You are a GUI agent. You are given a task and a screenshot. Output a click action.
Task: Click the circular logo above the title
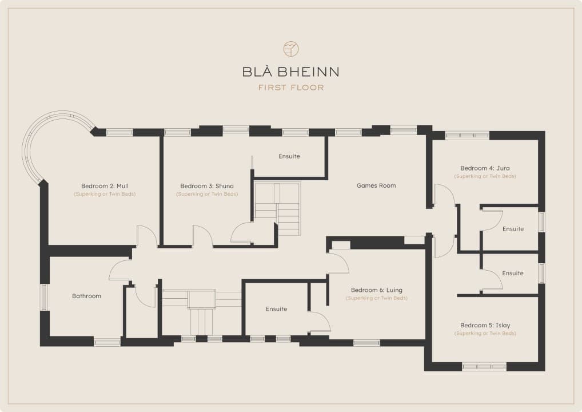tap(291, 49)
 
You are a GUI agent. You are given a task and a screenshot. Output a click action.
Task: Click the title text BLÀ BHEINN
tap(290, 72)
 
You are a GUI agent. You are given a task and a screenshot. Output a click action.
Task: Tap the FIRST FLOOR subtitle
tap(291, 88)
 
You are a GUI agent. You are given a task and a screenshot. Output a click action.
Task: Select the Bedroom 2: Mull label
tap(105, 186)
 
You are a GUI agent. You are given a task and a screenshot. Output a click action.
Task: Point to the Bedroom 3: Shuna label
tap(207, 186)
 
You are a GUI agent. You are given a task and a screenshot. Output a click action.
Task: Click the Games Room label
tap(376, 185)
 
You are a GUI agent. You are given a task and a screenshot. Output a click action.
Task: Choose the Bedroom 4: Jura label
tap(485, 168)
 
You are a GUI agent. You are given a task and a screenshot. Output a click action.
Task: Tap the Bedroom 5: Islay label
tap(485, 326)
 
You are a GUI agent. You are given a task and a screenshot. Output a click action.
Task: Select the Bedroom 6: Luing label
tap(376, 290)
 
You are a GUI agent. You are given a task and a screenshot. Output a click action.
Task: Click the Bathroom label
tap(86, 296)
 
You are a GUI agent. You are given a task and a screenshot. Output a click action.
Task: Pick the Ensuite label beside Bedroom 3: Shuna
tap(289, 156)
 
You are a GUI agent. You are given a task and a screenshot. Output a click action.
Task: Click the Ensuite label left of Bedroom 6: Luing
tap(276, 309)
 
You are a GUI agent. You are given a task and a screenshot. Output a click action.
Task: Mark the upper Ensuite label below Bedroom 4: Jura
tap(513, 229)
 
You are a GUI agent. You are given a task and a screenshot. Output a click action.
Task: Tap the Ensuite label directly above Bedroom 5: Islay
tap(513, 274)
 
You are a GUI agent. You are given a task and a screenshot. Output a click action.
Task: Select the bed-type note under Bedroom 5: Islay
tap(485, 334)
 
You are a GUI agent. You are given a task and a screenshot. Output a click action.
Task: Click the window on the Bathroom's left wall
tap(44, 297)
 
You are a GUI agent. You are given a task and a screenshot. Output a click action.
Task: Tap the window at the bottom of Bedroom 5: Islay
tap(484, 367)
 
